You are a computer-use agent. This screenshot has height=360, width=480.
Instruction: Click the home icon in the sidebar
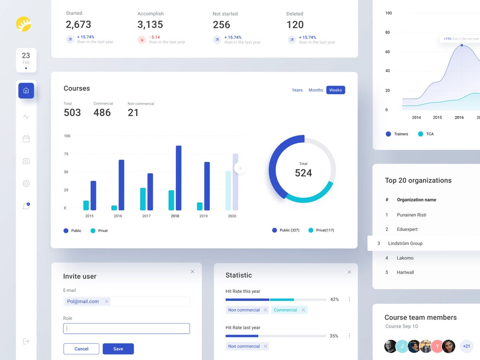coord(26,91)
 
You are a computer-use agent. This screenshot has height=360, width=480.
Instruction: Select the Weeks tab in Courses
coord(336,90)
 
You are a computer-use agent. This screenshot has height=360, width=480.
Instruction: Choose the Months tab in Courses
coord(315,90)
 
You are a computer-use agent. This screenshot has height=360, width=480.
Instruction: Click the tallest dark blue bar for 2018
coord(179,178)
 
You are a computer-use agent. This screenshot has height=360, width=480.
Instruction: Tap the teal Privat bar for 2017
coord(143,199)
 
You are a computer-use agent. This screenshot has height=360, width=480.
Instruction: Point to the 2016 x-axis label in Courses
coord(118,216)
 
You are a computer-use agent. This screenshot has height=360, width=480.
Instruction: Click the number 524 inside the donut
coord(303,173)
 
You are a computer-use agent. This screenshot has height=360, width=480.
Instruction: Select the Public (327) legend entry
coord(286,230)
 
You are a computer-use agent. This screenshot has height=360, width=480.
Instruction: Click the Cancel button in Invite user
coord(81,349)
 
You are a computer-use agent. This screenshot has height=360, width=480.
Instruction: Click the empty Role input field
coord(126,329)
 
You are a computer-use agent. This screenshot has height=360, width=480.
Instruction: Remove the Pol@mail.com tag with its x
coord(107,301)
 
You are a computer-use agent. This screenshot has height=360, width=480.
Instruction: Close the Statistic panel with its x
coord(349,272)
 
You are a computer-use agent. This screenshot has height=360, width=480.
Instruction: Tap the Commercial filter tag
coord(285,310)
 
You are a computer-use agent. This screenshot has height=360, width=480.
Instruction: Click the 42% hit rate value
coord(334,300)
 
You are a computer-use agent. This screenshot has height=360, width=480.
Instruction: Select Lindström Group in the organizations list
coord(405,243)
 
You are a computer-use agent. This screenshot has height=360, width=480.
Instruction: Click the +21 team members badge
coord(466,346)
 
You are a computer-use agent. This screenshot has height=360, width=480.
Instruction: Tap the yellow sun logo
coord(24,24)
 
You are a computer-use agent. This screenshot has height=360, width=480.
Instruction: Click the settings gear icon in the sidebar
coord(26,183)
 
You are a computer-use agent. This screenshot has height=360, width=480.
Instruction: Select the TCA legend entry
coord(425,134)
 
